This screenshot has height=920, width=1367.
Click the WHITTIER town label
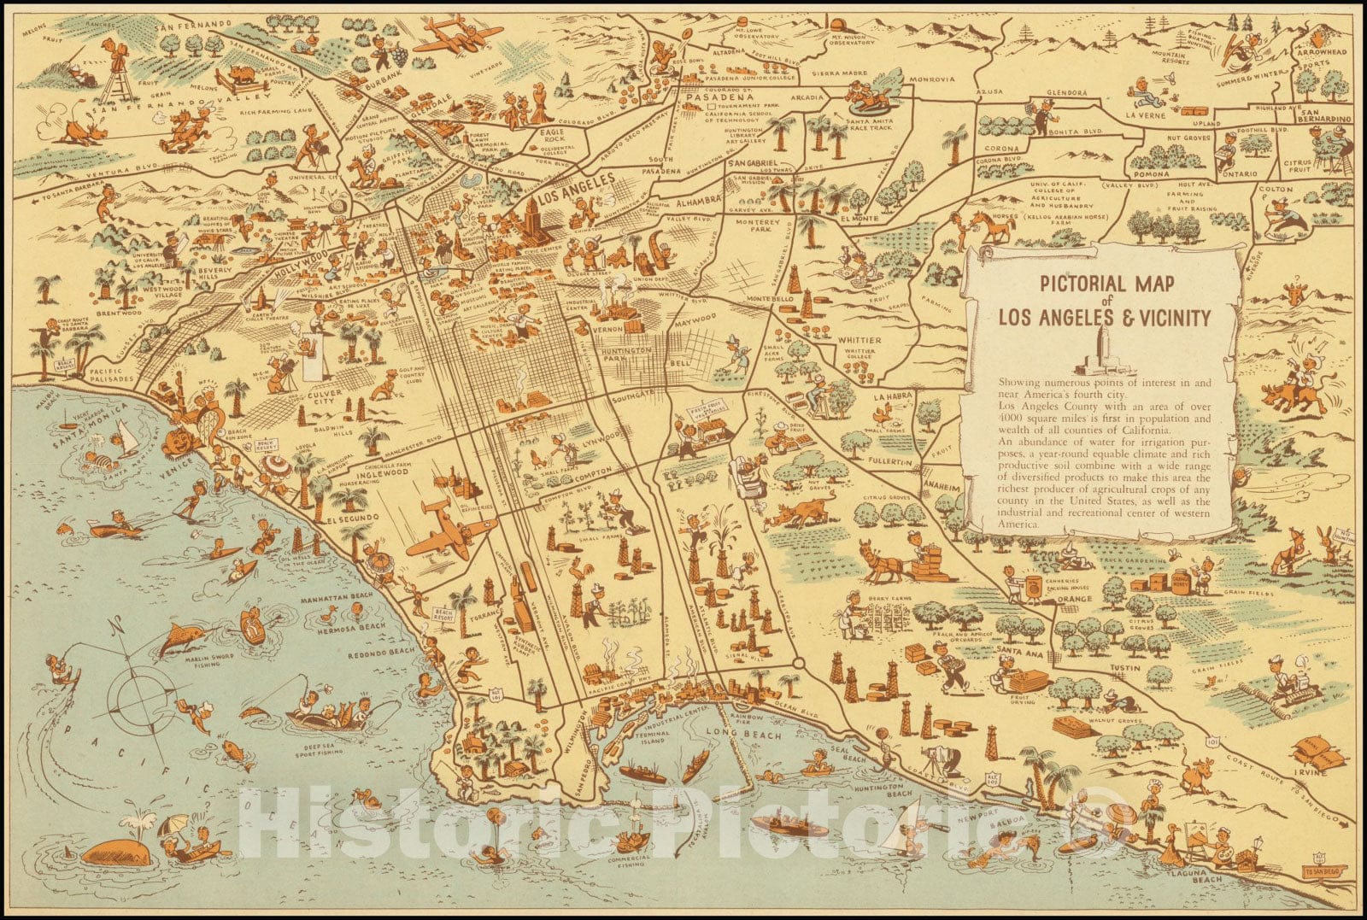(x=860, y=340)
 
